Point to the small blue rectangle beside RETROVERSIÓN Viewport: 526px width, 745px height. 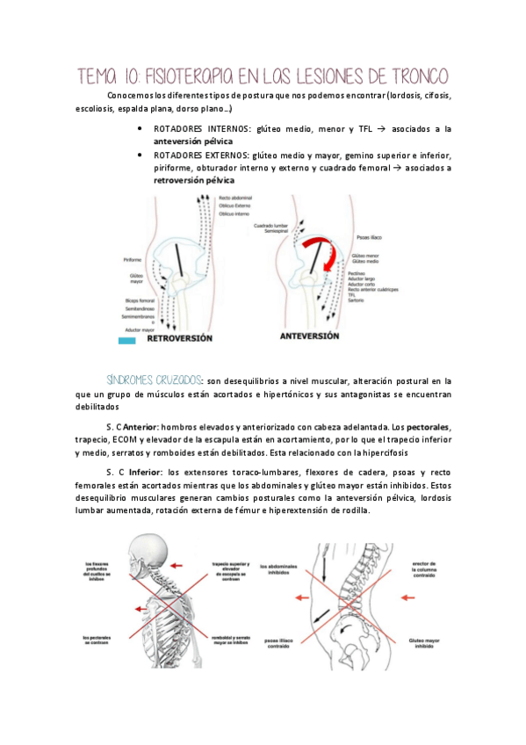126,337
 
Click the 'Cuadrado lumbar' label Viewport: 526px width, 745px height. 271,225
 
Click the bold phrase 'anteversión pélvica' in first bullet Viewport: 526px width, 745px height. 188,141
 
